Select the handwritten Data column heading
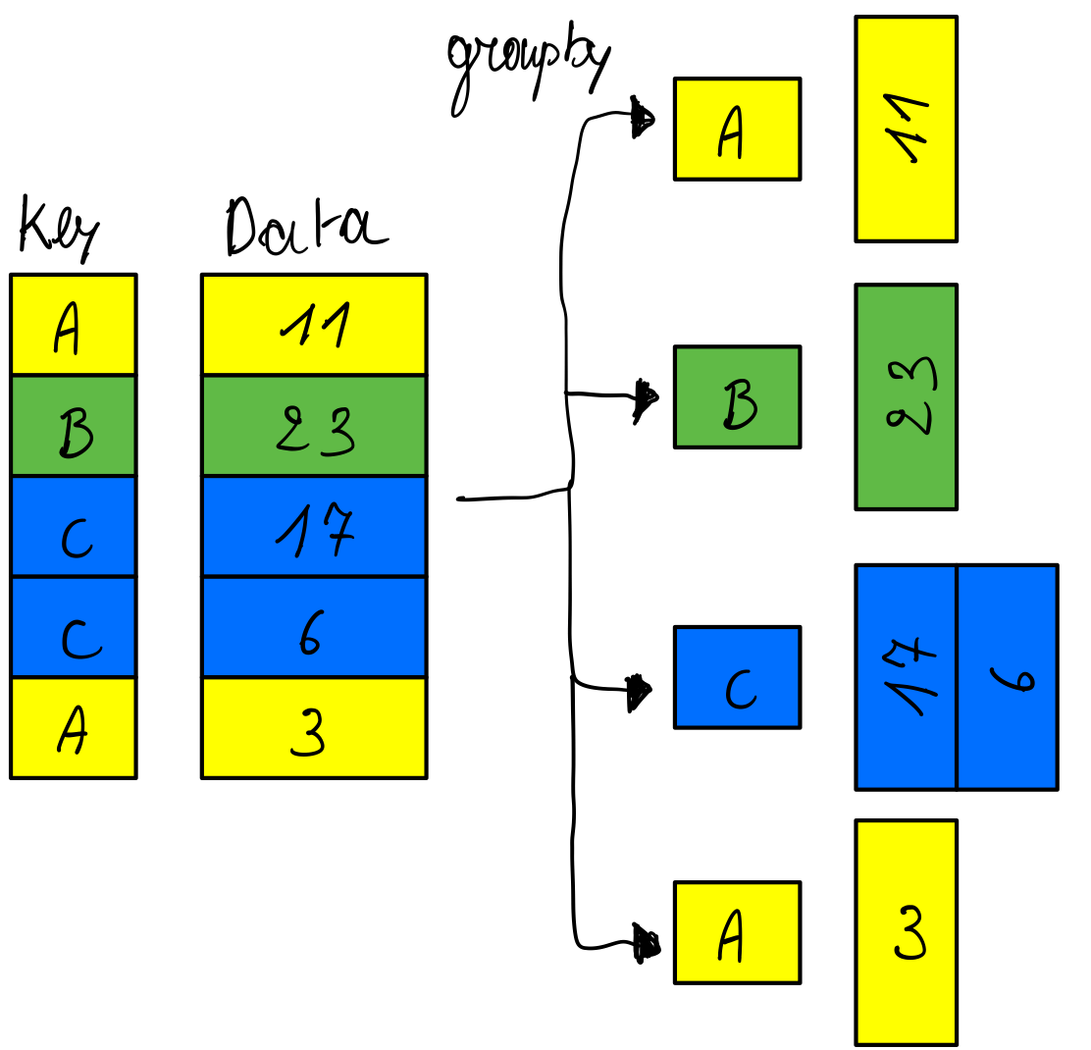304,228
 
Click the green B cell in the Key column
74,425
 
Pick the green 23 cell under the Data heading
314,425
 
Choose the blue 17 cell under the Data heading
314,527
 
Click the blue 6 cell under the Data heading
314,628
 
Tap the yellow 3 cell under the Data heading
314,728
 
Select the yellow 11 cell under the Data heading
314,324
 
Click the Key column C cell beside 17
74,527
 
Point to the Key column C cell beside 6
74,628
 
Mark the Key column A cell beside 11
74,324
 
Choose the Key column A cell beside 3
74,728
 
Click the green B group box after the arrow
737,397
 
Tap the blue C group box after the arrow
737,677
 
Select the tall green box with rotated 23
906,397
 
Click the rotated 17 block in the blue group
907,677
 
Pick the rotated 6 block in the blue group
1008,677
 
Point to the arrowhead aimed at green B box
645,397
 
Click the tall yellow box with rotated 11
906,129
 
